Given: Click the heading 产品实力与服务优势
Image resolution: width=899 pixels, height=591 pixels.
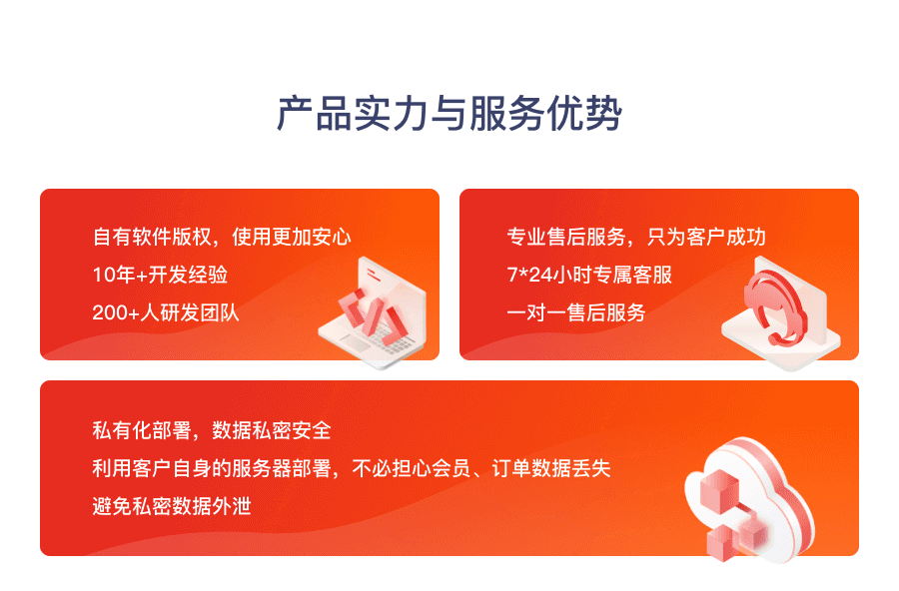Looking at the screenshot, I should pyautogui.click(x=449, y=115).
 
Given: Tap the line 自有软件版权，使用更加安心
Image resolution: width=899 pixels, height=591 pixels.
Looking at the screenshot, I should pyautogui.click(x=222, y=238).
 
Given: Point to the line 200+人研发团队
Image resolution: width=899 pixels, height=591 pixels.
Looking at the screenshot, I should pyautogui.click(x=166, y=312).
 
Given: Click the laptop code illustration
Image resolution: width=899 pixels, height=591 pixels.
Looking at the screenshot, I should pyautogui.click(x=372, y=313).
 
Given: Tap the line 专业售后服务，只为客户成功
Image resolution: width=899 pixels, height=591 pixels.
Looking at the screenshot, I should pyautogui.click(x=636, y=238).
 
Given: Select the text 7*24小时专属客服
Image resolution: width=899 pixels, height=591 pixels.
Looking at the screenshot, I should pyautogui.click(x=589, y=275).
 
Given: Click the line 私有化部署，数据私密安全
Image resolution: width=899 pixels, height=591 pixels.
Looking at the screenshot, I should pyautogui.click(x=212, y=431).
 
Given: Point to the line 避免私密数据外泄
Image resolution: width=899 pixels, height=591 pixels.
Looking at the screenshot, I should pyautogui.click(x=172, y=506).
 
